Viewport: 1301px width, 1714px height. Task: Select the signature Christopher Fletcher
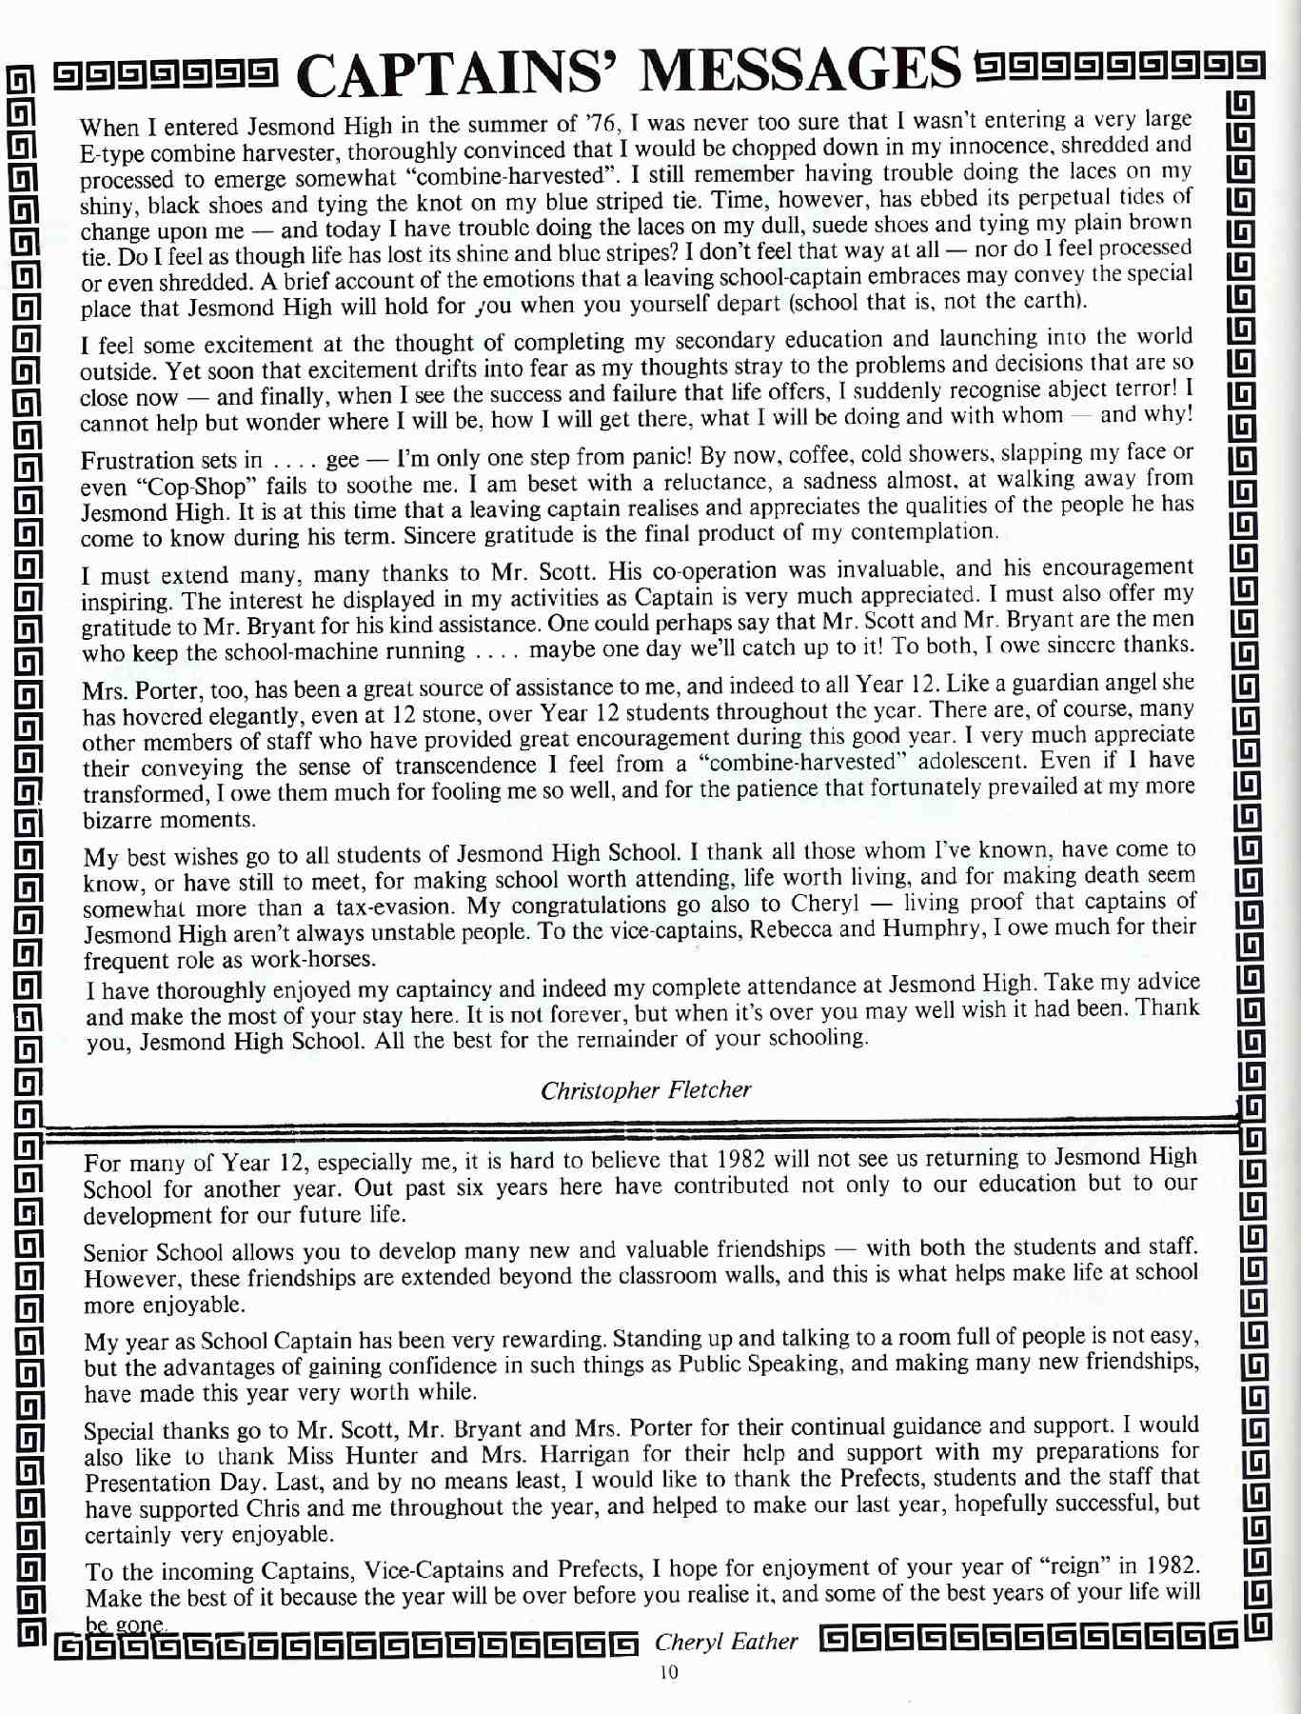(645, 1089)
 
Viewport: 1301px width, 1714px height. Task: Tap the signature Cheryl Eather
(726, 1641)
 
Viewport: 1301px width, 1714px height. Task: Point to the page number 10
(668, 1673)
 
